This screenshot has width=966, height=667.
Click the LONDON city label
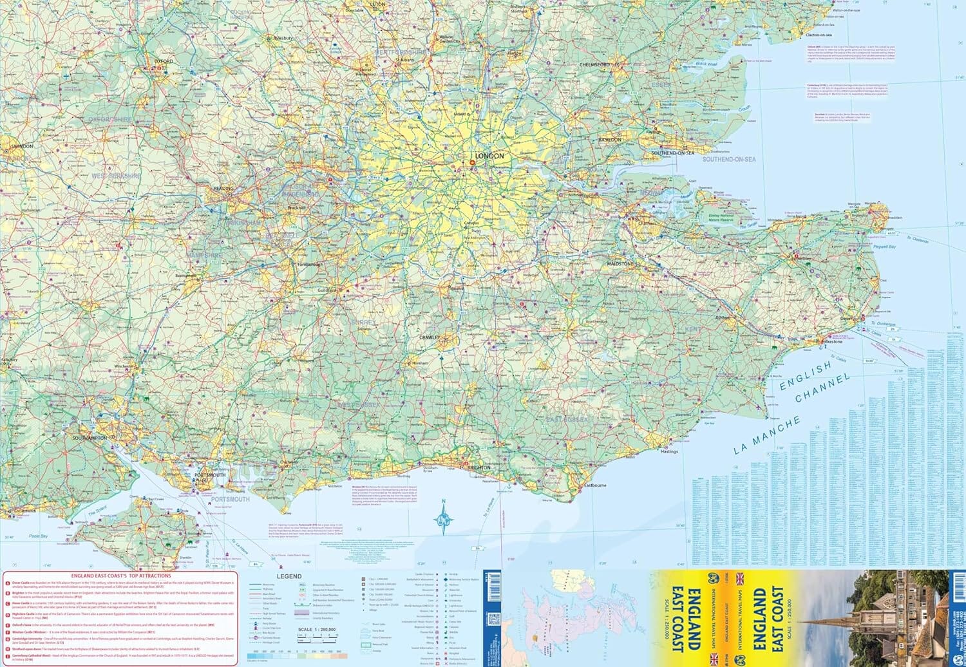489,156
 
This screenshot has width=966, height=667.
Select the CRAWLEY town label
430,337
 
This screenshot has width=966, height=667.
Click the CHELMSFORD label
594,65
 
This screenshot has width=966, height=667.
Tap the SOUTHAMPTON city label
90,438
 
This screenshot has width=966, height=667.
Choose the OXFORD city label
164,62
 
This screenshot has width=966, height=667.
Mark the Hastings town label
669,451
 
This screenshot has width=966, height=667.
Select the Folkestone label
830,342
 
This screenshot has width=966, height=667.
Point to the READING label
223,189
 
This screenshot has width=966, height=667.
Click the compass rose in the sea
443,516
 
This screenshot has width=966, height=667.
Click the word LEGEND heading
289,577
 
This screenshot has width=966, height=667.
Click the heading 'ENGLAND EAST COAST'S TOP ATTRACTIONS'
121,576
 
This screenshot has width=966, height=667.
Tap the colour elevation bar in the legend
296,656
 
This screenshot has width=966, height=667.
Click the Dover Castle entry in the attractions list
19,583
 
